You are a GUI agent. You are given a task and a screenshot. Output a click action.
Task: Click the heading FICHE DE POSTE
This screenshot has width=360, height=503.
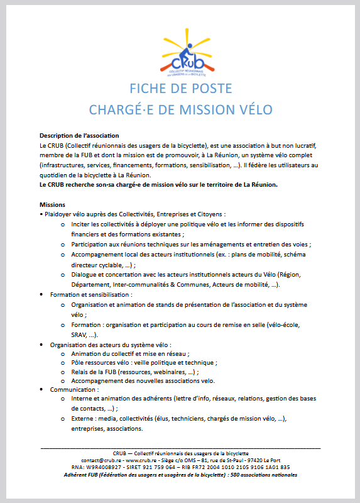pyautogui.click(x=180, y=88)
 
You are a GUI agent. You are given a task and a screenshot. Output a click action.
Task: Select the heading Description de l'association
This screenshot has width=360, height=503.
pyautogui.click(x=79, y=135)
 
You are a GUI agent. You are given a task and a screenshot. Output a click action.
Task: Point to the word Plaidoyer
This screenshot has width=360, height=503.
pyautogui.click(x=58, y=214)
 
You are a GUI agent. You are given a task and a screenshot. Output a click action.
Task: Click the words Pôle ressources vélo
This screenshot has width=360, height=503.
pyautogui.click(x=101, y=363)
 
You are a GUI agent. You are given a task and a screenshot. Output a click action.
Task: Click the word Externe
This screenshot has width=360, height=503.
pyautogui.click(x=84, y=419)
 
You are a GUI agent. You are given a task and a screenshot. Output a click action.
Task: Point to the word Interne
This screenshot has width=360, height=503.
pyautogui.click(x=84, y=399)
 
